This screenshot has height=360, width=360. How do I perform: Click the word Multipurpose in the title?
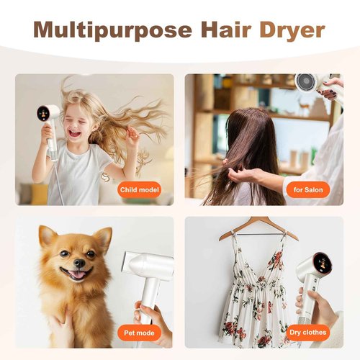click(112, 30)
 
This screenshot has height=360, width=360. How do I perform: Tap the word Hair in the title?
click(226, 30)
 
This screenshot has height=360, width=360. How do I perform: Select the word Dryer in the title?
click(292, 31)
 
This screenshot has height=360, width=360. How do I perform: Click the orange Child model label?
click(139, 190)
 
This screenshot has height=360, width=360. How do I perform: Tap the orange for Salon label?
click(308, 190)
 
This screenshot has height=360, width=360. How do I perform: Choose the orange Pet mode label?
click(139, 333)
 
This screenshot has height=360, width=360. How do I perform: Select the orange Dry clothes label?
click(308, 333)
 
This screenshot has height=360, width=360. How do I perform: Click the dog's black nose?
click(80, 263)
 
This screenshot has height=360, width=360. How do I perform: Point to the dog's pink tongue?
click(77, 274)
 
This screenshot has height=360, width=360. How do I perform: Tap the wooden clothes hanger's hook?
click(257, 218)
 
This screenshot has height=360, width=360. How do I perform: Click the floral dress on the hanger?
click(254, 293)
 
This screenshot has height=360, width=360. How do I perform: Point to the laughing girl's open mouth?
click(74, 133)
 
